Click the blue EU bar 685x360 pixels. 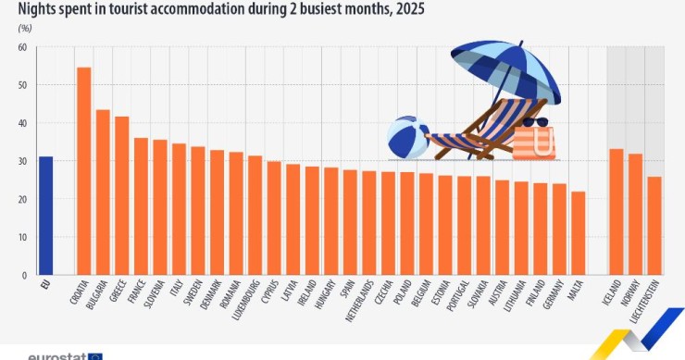point(45,216)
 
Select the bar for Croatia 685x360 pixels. point(83,171)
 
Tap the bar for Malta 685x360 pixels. point(578,233)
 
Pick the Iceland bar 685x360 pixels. point(616,212)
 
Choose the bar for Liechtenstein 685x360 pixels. point(654,226)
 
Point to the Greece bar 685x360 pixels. point(121,195)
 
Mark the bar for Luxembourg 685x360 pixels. point(255,216)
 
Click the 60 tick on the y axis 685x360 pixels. point(22,47)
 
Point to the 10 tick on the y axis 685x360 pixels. point(22,237)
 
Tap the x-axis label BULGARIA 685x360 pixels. point(97,295)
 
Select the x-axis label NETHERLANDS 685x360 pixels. point(359,302)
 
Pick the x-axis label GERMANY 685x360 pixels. point(553,294)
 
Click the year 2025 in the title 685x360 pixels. point(410,8)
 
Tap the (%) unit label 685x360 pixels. point(25,29)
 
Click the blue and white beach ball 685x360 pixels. point(408,137)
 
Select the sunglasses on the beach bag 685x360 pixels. point(535,122)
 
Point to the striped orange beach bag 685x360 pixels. point(534,143)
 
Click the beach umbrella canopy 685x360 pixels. point(506,70)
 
